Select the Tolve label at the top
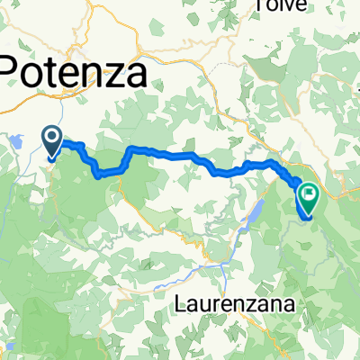coord(281,5)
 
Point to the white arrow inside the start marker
coord(52,139)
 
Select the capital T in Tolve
coord(260,5)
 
